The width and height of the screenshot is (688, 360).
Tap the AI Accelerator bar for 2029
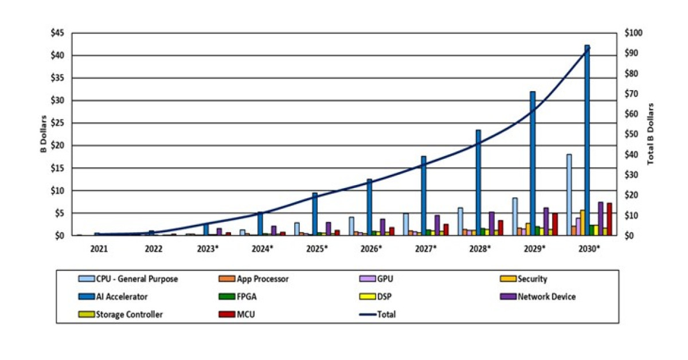(533, 163)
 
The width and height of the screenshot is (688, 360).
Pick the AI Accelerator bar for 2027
(424, 195)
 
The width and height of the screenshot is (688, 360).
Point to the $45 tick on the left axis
(57, 33)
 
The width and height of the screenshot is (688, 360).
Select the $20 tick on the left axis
(57, 146)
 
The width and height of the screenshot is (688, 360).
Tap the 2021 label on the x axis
(99, 249)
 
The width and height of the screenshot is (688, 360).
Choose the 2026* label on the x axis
(371, 249)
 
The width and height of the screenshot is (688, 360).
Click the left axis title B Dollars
(43, 134)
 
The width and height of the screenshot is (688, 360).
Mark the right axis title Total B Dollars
(650, 134)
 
